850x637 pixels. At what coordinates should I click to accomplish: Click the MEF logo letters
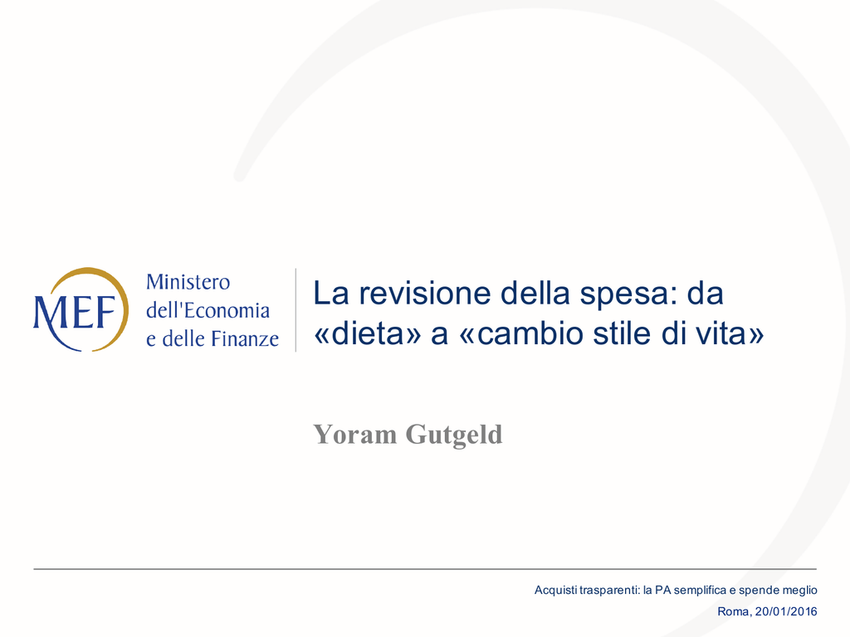point(75,312)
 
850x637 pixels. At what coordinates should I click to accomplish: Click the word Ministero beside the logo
point(188,282)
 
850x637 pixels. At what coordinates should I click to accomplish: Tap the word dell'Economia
point(208,310)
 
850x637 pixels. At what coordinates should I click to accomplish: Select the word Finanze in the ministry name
point(245,338)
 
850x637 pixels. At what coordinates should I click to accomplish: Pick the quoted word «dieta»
point(368,333)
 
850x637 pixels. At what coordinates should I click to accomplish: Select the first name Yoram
point(355,435)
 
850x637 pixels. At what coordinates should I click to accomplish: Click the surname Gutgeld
point(454,435)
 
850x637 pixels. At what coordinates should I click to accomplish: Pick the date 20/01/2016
point(786,611)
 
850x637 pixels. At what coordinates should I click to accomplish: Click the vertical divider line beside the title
point(296,310)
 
